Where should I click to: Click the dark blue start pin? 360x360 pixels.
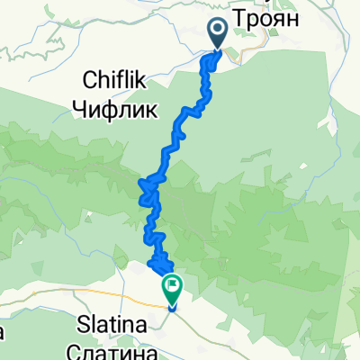click(x=219, y=33)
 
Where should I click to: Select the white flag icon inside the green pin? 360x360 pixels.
click(x=172, y=286)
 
